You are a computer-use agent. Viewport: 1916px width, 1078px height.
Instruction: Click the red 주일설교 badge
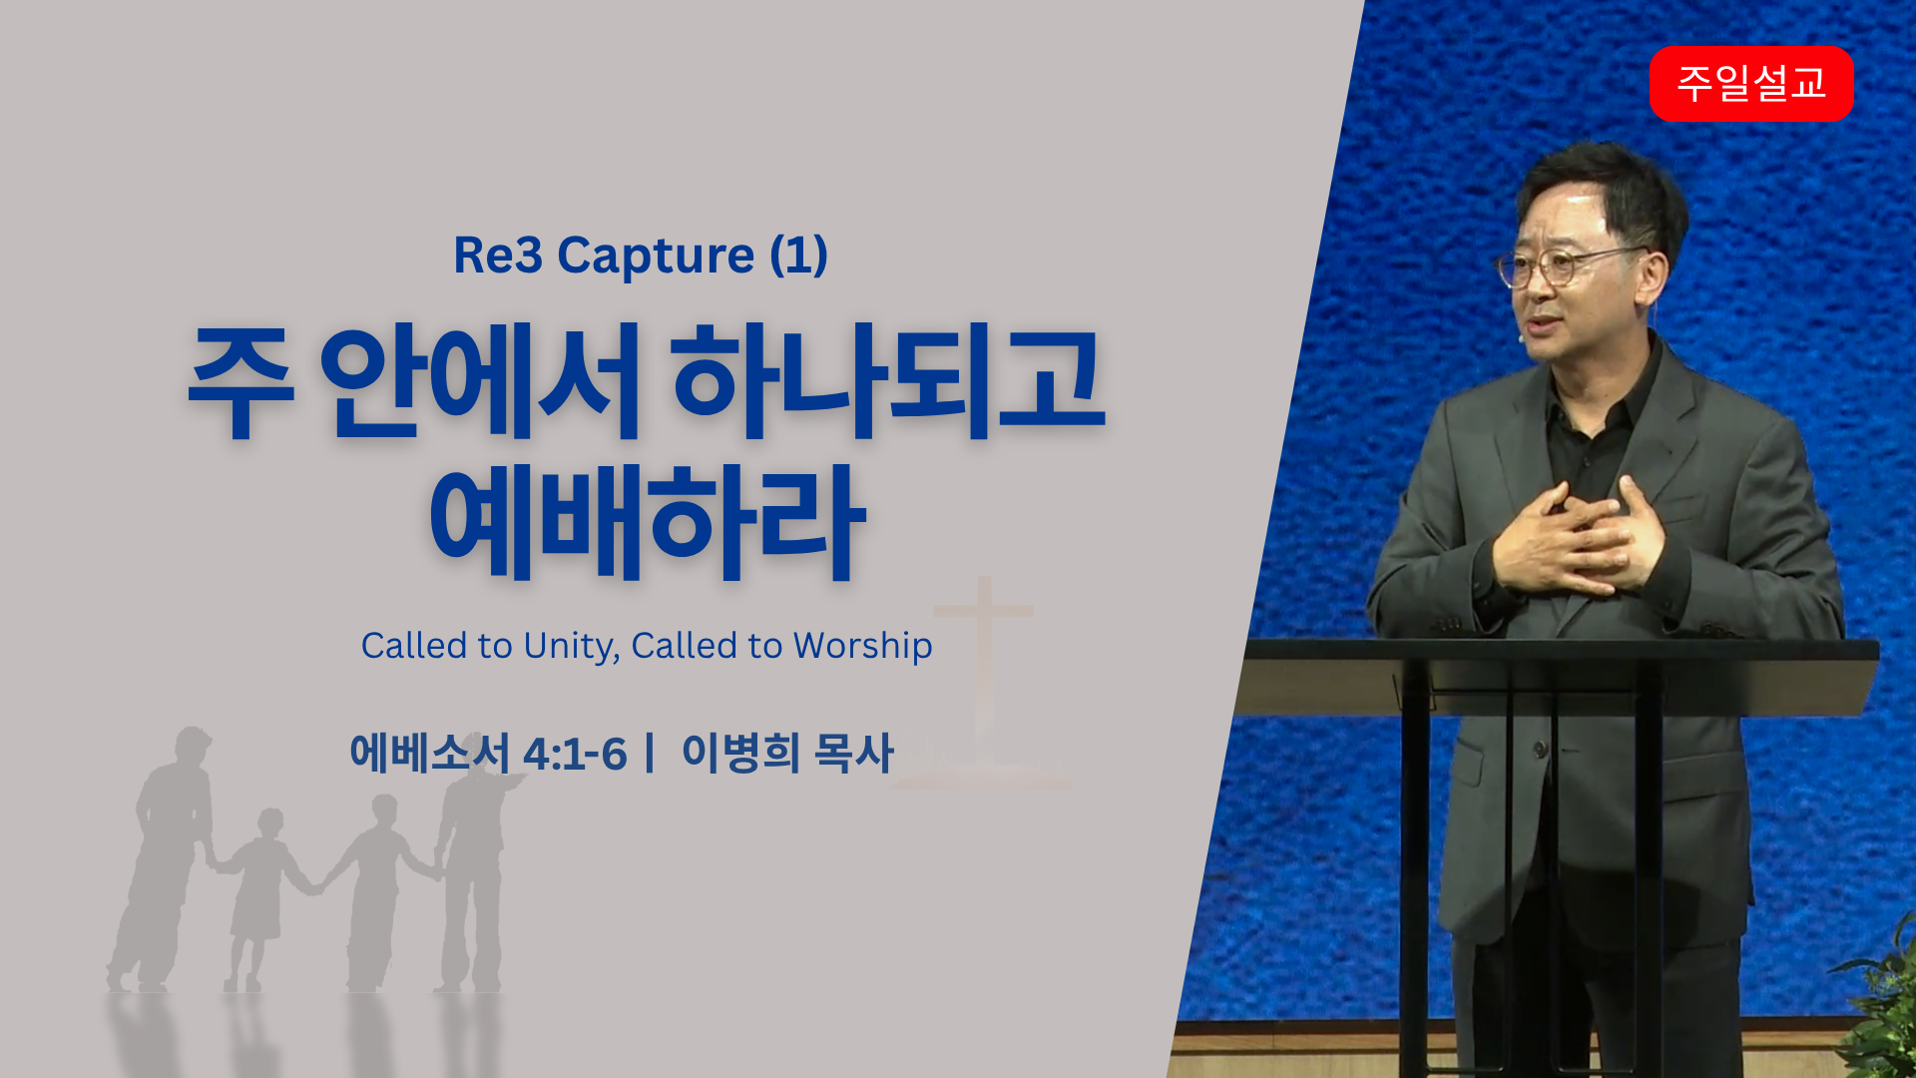(x=1751, y=83)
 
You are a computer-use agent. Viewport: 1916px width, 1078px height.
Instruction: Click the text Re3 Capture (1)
(x=641, y=256)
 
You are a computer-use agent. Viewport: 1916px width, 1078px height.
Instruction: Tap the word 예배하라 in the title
(x=647, y=522)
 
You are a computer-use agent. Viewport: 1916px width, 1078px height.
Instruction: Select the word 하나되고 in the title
(x=888, y=381)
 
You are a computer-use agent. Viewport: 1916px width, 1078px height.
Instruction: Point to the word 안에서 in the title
(x=479, y=381)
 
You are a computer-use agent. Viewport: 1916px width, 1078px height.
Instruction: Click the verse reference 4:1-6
(x=575, y=755)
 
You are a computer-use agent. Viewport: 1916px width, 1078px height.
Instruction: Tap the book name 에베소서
(x=430, y=753)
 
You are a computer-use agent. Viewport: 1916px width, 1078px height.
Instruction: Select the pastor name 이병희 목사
(x=787, y=753)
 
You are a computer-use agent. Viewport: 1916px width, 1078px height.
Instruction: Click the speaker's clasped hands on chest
(x=1577, y=539)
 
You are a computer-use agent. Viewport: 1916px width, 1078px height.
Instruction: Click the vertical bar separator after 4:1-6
(x=650, y=753)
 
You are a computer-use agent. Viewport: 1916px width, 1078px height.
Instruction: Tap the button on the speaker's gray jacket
(x=1543, y=748)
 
